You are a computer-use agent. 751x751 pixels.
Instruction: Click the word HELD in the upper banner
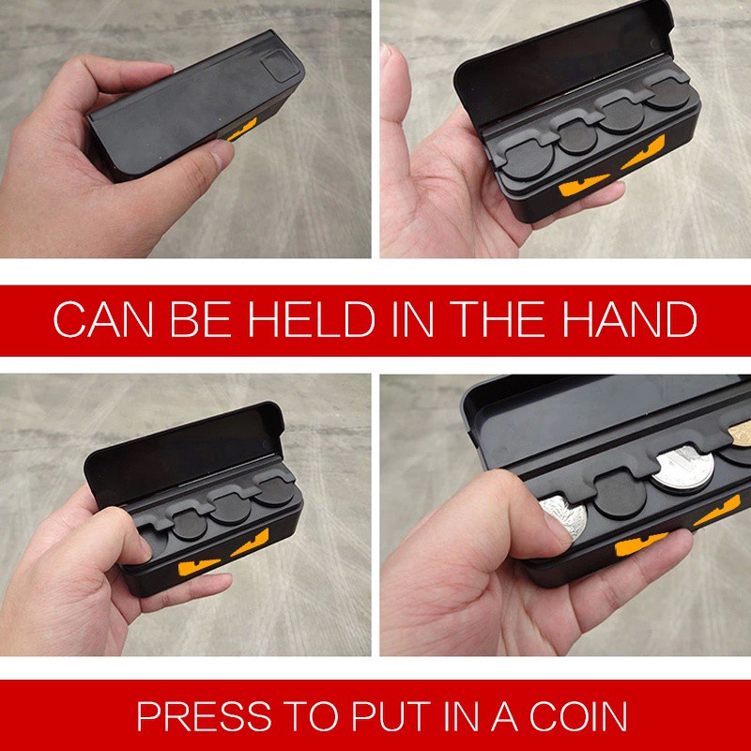pos(312,319)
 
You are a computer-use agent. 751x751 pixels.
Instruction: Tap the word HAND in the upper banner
pos(629,319)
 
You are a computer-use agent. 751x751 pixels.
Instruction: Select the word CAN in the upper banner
pos(103,319)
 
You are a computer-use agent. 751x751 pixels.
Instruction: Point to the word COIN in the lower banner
pos(577,716)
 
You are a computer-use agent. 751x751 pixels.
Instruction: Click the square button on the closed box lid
pos(280,67)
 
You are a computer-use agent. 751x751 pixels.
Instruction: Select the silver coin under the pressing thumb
pos(564,516)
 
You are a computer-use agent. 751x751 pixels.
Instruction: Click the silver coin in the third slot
pos(684,468)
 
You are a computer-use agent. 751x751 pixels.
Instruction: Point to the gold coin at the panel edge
pos(740,433)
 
